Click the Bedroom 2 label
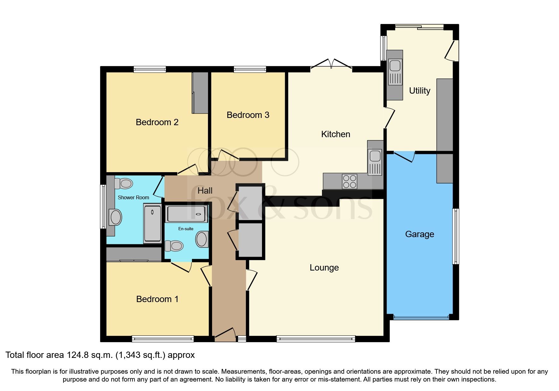(157, 122)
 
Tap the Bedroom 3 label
(248, 115)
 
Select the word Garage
(419, 234)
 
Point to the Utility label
(419, 90)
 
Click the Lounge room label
(324, 267)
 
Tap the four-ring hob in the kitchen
(349, 181)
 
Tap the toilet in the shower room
(124, 183)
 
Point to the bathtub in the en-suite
(187, 214)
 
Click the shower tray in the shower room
(152, 223)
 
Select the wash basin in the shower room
(116, 217)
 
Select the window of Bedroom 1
(163, 339)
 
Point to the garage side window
(455, 236)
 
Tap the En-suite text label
(186, 229)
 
